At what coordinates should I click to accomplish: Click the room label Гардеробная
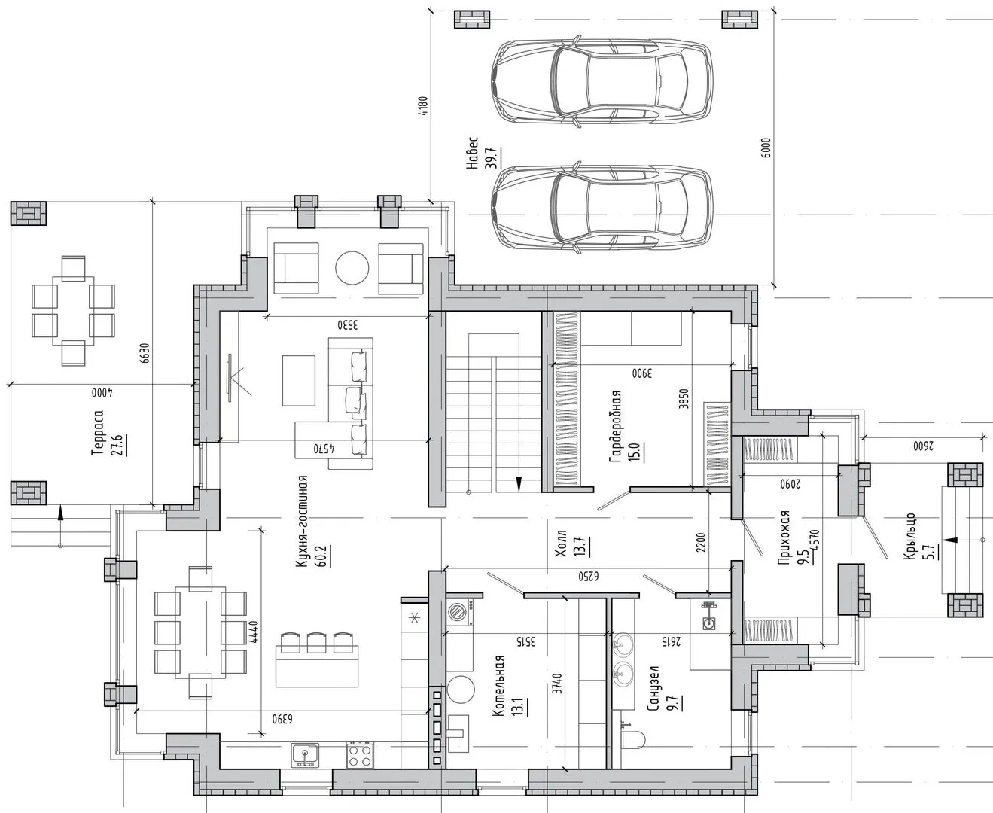[615, 427]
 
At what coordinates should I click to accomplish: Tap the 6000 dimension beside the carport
[766, 148]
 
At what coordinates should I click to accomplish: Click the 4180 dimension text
[423, 106]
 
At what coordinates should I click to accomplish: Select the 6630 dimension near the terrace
[145, 353]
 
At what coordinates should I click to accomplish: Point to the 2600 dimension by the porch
[923, 446]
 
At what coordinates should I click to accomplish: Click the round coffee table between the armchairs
[352, 268]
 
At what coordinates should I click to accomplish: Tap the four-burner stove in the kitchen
[360, 756]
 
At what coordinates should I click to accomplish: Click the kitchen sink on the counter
[305, 756]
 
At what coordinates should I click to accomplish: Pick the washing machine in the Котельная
[460, 612]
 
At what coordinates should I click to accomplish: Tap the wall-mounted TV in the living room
[230, 378]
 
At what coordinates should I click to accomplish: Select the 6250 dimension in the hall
[588, 577]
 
